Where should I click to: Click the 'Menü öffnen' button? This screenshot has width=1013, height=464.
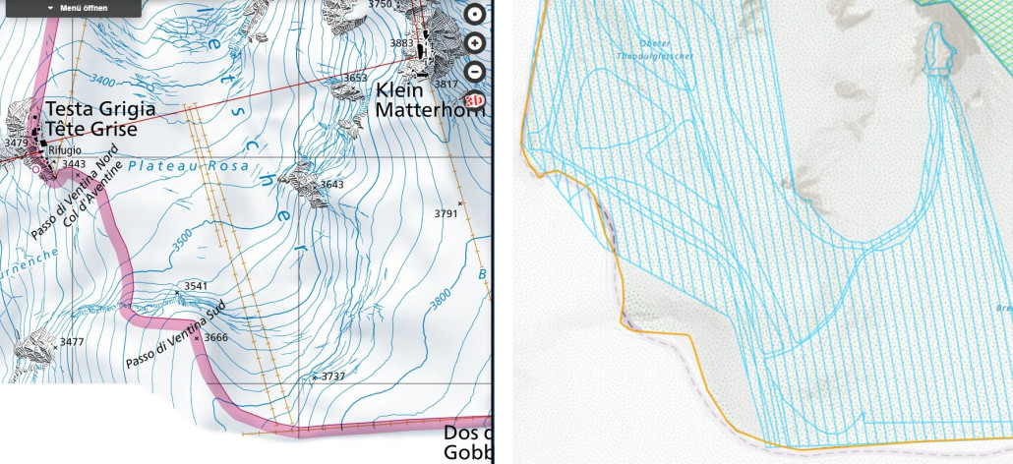[79, 8]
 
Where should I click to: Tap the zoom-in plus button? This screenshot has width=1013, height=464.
[475, 43]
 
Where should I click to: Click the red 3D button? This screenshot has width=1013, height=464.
[474, 99]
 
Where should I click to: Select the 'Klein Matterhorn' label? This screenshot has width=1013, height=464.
[431, 100]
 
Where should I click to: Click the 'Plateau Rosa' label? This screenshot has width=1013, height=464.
[175, 166]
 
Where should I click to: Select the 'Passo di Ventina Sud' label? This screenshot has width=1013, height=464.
[175, 336]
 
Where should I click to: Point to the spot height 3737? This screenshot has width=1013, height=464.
[333, 377]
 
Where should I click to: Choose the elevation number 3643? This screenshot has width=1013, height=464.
[332, 184]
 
